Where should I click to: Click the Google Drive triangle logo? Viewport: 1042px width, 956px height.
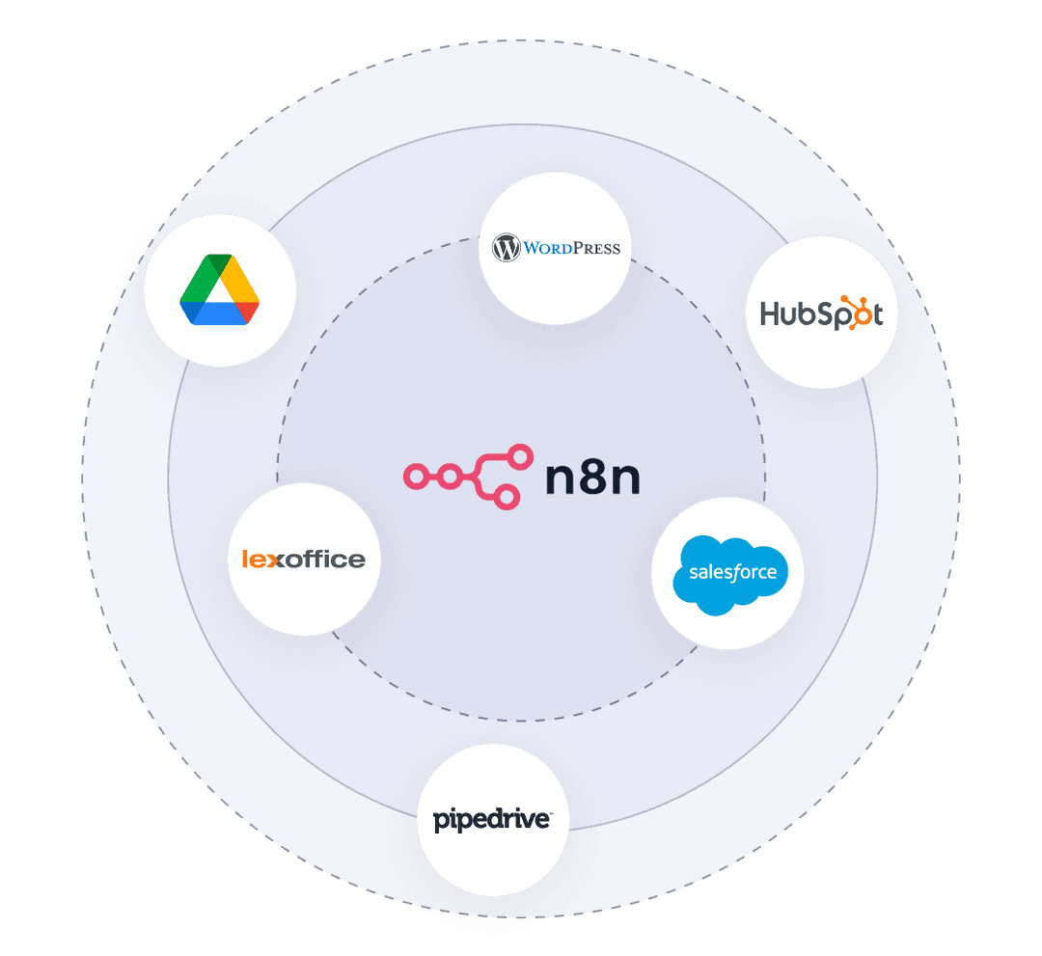pyautogui.click(x=219, y=289)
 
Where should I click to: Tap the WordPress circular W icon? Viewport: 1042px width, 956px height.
pyautogui.click(x=506, y=248)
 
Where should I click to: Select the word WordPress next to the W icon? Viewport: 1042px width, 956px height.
pyautogui.click(x=571, y=249)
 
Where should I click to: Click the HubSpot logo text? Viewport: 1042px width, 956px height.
pyautogui.click(x=821, y=313)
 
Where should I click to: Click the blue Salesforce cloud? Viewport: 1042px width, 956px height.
pyautogui.click(x=730, y=575)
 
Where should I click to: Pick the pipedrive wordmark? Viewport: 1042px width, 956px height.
pyautogui.click(x=492, y=820)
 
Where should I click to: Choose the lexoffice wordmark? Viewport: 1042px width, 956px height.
pyautogui.click(x=304, y=560)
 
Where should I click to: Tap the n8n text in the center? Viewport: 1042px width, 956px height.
pyautogui.click(x=592, y=477)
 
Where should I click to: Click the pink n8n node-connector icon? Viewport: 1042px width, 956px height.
pyautogui.click(x=469, y=477)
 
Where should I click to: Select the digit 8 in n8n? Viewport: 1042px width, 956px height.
pyautogui.click(x=592, y=477)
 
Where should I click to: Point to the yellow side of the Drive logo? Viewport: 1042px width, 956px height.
pyautogui.click(x=240, y=279)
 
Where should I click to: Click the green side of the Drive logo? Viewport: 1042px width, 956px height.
pyautogui.click(x=200, y=279)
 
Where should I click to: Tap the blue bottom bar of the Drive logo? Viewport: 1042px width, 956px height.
pyautogui.click(x=220, y=314)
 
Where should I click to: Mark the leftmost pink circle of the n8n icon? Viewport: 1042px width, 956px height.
pyautogui.click(x=416, y=477)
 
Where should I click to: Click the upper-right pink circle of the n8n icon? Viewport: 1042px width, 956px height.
pyautogui.click(x=520, y=456)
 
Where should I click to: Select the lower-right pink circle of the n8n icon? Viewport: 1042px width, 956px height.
pyautogui.click(x=507, y=497)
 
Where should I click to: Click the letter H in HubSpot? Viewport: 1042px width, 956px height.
pyautogui.click(x=770, y=314)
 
